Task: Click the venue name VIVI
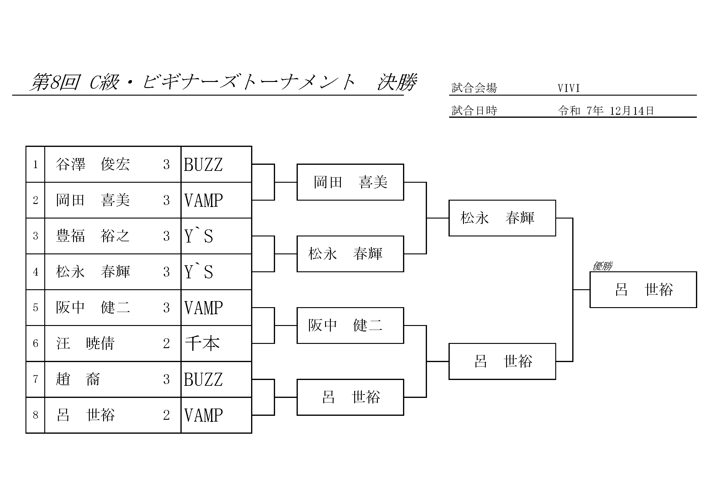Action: coord(569,88)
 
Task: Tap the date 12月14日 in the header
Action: coord(631,111)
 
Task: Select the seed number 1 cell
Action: coord(35,165)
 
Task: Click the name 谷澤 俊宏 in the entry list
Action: coord(92,165)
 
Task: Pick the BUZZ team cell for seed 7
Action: coord(203,379)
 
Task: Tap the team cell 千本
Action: coord(202,344)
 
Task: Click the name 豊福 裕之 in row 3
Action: coord(92,236)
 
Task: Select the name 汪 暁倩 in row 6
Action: coord(86,344)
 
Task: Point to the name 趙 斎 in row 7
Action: coord(78,379)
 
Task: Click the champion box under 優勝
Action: coord(643,290)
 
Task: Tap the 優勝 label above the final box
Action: coord(602,266)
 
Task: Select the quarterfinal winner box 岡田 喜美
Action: coord(350,182)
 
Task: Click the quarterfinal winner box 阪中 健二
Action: coord(350,325)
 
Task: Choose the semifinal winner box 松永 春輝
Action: coord(502,218)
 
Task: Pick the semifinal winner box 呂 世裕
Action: coord(502,361)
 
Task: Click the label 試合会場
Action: coord(474,88)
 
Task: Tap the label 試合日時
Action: coord(474,111)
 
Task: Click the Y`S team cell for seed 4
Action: coord(199,272)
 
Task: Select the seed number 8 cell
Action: coord(35,415)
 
